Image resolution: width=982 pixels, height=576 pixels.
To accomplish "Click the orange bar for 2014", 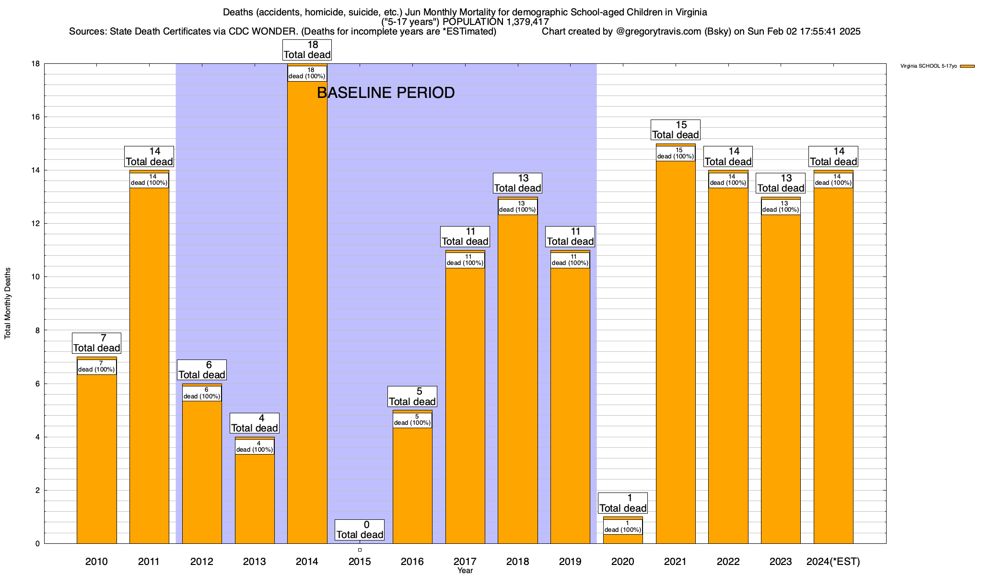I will [307, 312].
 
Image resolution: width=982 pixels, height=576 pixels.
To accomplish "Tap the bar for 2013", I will [255, 499].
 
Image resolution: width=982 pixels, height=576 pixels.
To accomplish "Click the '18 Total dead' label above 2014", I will [307, 50].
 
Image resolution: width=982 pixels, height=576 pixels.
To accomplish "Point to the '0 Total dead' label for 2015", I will [360, 530].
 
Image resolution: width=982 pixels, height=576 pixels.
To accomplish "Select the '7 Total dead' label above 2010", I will [96, 343].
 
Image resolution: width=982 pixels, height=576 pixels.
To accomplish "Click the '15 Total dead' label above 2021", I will [676, 130].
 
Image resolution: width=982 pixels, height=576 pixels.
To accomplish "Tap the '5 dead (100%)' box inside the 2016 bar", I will [412, 420].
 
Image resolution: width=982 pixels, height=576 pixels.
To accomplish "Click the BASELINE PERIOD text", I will [386, 93].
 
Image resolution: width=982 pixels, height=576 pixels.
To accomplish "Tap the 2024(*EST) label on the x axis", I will [833, 562].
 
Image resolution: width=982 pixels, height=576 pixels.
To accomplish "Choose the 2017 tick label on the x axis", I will [465, 562].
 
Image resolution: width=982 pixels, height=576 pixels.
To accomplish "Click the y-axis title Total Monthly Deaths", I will [8, 303].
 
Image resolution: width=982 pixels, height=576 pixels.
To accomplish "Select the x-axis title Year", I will [465, 571].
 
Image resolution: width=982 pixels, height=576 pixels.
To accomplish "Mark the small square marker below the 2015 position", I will [360, 550].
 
